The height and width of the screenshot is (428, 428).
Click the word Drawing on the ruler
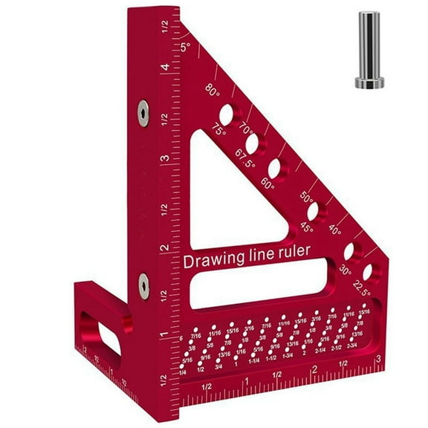tap(210, 261)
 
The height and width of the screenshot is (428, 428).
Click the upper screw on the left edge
tap(140, 112)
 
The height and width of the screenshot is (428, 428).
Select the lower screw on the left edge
tap(141, 281)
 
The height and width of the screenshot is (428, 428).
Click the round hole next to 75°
tap(227, 114)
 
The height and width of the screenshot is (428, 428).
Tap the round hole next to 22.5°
tap(367, 271)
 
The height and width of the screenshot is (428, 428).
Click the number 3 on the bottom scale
tap(379, 359)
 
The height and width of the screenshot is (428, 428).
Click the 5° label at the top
tap(186, 47)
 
